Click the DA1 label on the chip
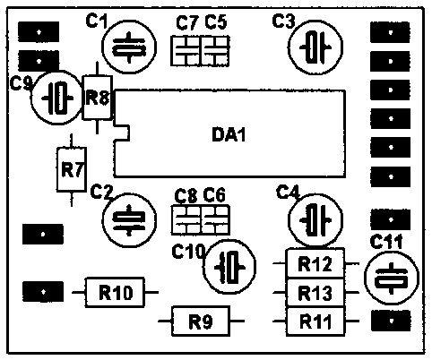click(229, 134)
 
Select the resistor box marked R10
click(116, 292)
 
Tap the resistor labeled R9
click(201, 321)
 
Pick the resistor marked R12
click(315, 263)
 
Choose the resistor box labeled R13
click(315, 292)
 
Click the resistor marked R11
click(315, 321)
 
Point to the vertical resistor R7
click(72, 169)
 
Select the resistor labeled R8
click(98, 98)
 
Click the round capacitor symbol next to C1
click(129, 47)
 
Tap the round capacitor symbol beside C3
click(315, 47)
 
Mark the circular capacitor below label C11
click(392, 278)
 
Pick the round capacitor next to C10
click(229, 267)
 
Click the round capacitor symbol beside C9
click(56, 98)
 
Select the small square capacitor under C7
click(186, 51)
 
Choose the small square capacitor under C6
click(215, 220)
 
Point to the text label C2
click(102, 192)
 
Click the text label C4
click(288, 192)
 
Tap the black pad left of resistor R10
click(43, 291)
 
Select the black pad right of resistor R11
click(391, 321)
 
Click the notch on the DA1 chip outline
click(122, 133)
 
